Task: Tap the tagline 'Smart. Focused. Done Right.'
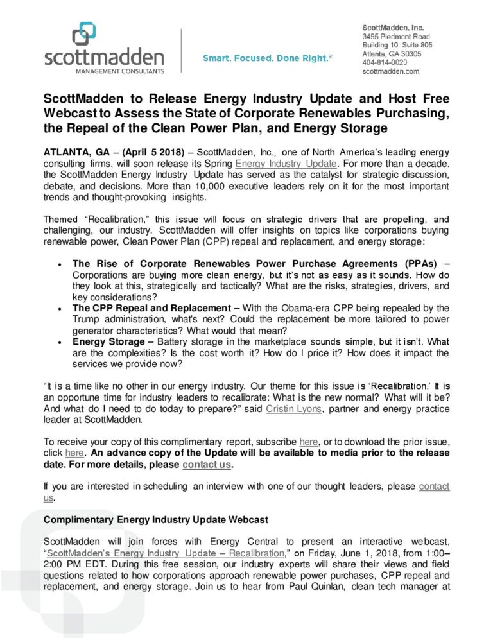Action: [267, 58]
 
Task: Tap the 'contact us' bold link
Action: [206, 464]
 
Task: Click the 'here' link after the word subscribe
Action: [309, 442]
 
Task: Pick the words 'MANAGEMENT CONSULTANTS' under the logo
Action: [103, 70]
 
